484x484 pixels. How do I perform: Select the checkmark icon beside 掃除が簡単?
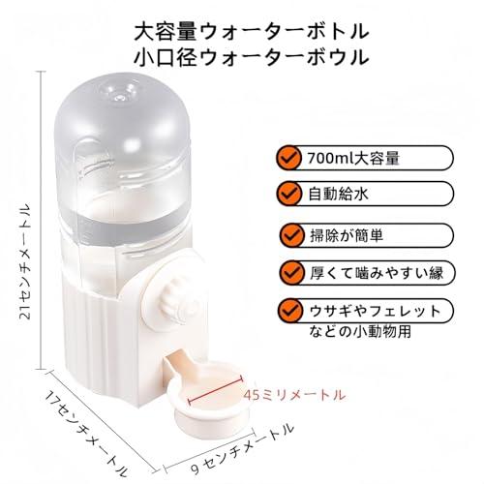(291, 234)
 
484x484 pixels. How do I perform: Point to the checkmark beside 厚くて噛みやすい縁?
(291, 273)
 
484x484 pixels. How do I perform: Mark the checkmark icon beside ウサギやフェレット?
(291, 312)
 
